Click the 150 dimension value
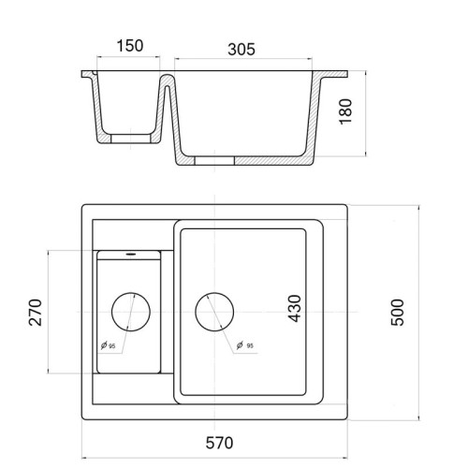coord(130,46)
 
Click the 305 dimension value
coord(241,50)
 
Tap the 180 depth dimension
coord(345,111)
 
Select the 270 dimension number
coord(35,313)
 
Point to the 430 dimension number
coord(295,308)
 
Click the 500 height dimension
coord(398,313)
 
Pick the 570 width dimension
coord(219,443)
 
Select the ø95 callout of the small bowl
coord(109,345)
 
